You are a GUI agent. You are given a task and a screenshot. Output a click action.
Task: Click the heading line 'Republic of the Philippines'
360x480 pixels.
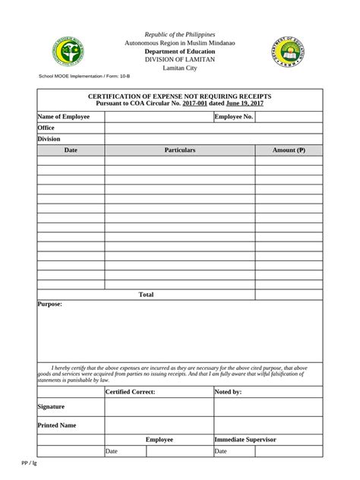tap(180, 35)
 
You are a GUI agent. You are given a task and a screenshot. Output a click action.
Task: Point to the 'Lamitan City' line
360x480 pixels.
tap(180, 68)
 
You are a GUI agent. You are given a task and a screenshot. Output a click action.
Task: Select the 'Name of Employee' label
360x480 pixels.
tap(64, 117)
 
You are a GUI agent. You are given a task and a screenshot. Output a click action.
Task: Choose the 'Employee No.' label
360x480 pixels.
tap(234, 117)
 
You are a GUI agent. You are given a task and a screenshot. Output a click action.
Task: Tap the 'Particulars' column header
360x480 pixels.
tap(180, 150)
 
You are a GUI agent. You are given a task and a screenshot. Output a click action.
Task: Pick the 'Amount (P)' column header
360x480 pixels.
tap(289, 150)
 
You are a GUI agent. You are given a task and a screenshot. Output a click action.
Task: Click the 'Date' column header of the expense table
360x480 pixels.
tap(71, 150)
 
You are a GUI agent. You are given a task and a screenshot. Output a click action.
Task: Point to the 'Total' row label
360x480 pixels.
tap(146, 294)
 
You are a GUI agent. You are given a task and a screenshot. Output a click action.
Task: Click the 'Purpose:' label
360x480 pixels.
tap(50, 304)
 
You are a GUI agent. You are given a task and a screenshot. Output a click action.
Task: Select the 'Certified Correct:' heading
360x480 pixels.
tap(130, 392)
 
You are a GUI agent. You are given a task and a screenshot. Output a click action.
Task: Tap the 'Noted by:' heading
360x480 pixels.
tap(228, 392)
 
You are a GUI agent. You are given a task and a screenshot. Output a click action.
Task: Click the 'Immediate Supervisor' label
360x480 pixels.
tap(245, 440)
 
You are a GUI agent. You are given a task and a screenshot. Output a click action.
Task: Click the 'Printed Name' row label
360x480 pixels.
tap(57, 425)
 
